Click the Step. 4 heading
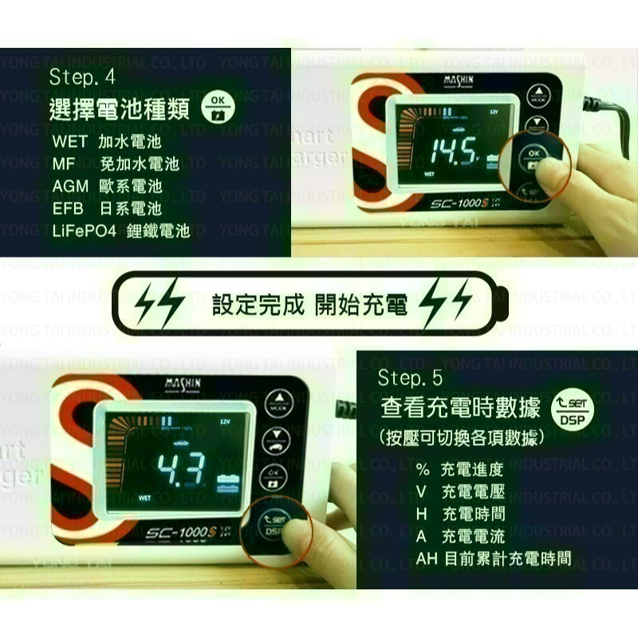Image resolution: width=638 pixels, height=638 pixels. pyautogui.click(x=82, y=78)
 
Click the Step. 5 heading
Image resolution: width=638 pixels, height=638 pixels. pyautogui.click(x=410, y=377)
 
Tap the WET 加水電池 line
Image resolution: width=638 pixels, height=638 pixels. pyautogui.click(x=107, y=142)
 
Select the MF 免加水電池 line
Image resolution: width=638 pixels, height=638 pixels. pyautogui.click(x=116, y=164)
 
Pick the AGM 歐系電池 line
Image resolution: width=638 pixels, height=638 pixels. pyautogui.click(x=107, y=187)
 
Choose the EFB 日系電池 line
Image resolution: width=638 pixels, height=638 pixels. pyautogui.click(x=107, y=209)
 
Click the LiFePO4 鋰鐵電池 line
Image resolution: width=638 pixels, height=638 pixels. pyautogui.click(x=121, y=231)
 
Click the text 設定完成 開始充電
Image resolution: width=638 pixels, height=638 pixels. pyautogui.click(x=309, y=305)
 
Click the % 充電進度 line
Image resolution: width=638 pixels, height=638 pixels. pyautogui.click(x=460, y=470)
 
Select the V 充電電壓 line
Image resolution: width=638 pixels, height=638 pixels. pyautogui.click(x=460, y=492)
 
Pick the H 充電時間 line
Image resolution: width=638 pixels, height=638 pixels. pyautogui.click(x=460, y=514)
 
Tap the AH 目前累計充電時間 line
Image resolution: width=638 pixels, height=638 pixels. pyautogui.click(x=493, y=558)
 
